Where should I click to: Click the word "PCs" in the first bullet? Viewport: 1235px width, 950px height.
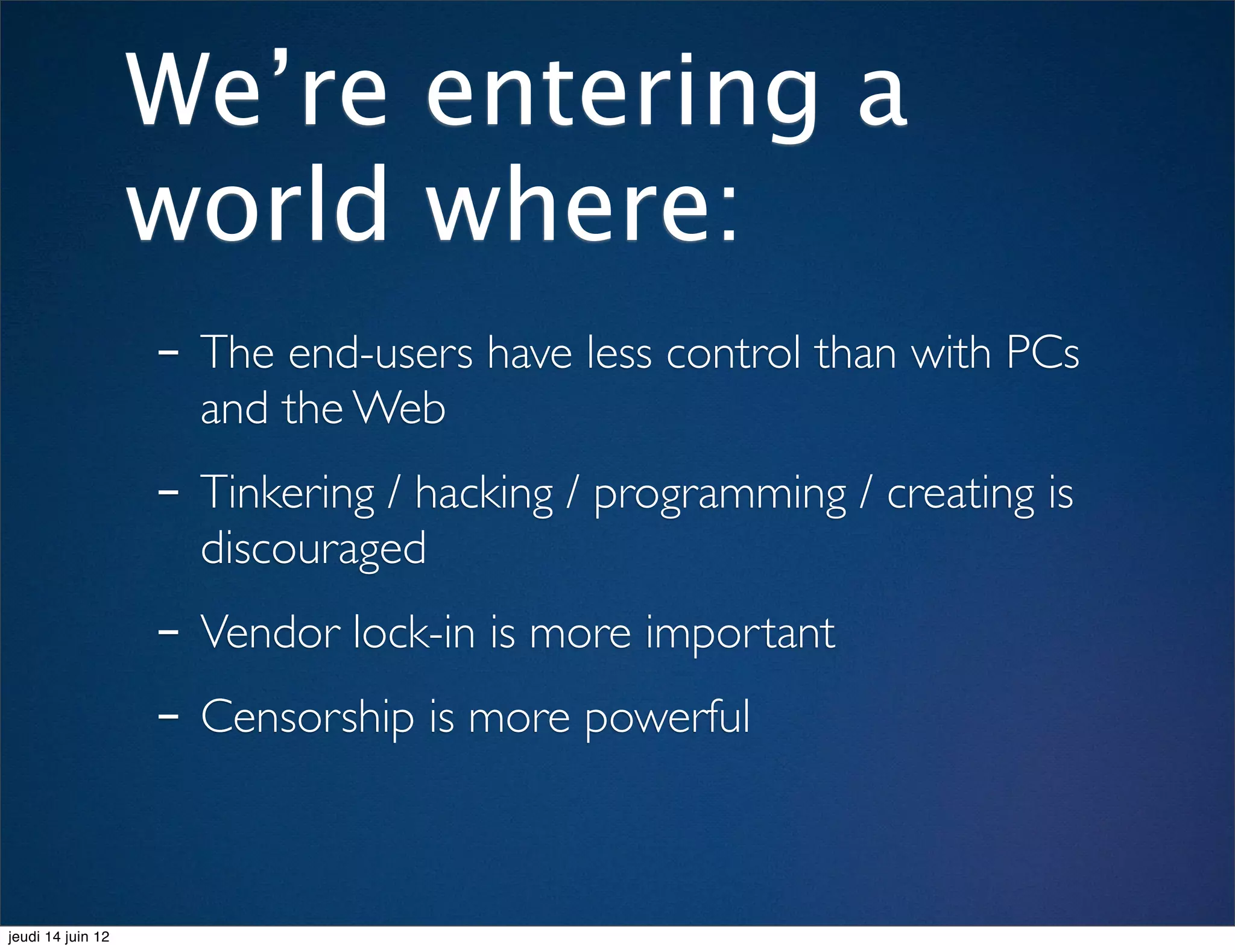pyautogui.click(x=1043, y=353)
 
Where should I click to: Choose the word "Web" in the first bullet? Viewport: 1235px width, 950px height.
pyautogui.click(x=399, y=408)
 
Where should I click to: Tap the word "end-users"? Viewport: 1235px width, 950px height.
pyautogui.click(x=381, y=353)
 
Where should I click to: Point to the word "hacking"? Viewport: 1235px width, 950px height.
pyautogui.click(x=484, y=494)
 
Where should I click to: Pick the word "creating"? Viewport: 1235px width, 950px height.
pyautogui.click(x=961, y=494)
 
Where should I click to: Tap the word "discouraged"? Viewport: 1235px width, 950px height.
pyautogui.click(x=313, y=549)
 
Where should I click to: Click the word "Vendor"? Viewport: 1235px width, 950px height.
pyautogui.click(x=270, y=632)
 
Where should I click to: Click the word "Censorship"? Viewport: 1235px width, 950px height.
pyautogui.click(x=308, y=717)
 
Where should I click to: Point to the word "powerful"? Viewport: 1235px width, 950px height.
pyautogui.click(x=667, y=717)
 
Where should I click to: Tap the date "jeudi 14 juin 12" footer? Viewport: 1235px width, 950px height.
pyautogui.click(x=58, y=937)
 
